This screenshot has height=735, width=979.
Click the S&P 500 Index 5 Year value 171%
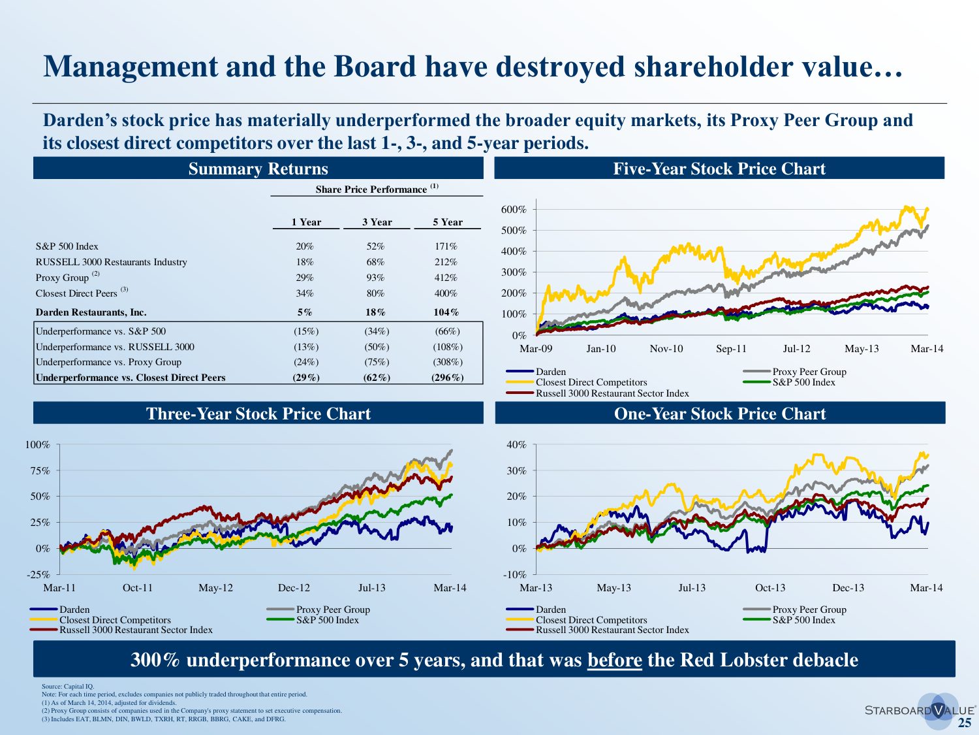pos(446,246)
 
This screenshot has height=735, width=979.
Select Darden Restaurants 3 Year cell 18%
pos(375,312)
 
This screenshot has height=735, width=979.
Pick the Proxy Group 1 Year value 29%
pos(305,278)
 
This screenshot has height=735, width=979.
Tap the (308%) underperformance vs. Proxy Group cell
pos(447,362)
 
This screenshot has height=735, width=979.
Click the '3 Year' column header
pos(377,222)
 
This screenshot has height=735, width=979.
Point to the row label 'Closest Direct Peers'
pos(76,293)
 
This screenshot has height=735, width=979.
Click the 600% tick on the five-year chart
pos(514,210)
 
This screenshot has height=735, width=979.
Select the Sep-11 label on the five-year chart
pos(731,349)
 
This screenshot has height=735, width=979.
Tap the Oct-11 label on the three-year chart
pos(138,588)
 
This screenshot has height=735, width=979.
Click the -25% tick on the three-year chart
pos(38,575)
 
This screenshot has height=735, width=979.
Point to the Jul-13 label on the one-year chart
pos(692,588)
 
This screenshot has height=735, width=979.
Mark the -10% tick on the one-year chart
pos(516,575)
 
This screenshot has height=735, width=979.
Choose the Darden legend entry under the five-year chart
pos(551,372)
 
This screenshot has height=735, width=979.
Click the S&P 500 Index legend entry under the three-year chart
pos(327,620)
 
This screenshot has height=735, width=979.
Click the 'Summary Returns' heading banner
pos(258,169)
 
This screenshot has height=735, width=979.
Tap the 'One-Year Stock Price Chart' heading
pos(720,414)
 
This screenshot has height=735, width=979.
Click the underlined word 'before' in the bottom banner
pos(614,660)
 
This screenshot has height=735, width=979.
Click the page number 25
pos(964,723)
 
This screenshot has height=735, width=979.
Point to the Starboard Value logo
pos(920,710)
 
